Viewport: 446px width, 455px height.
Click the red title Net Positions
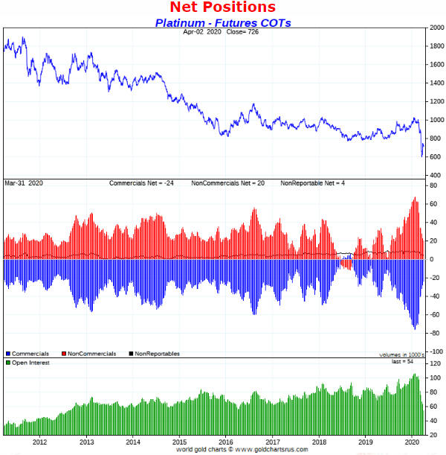pyautogui.click(x=222, y=7)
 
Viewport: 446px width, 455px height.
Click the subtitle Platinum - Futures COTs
pyautogui.click(x=223, y=22)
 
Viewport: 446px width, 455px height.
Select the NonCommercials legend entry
pyautogui.click(x=91, y=353)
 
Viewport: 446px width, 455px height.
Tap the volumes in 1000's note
pyautogui.click(x=401, y=355)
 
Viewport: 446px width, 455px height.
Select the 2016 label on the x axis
pyautogui.click(x=226, y=441)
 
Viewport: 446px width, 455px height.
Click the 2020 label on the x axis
pyautogui.click(x=413, y=441)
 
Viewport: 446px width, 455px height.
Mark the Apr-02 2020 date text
pyautogui.click(x=203, y=33)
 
